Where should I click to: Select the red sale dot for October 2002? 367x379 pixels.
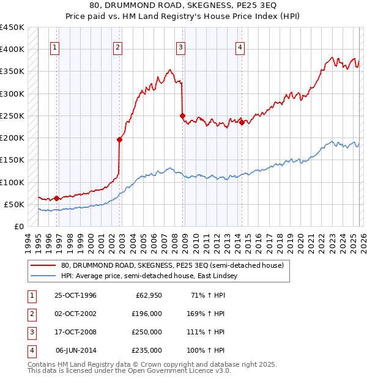(119, 139)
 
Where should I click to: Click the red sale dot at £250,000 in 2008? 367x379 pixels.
(182, 116)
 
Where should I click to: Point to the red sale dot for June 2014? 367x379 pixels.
(242, 122)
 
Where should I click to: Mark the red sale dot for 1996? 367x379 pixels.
(56, 198)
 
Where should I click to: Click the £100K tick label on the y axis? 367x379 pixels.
(12, 182)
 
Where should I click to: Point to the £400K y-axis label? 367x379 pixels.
(12, 50)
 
